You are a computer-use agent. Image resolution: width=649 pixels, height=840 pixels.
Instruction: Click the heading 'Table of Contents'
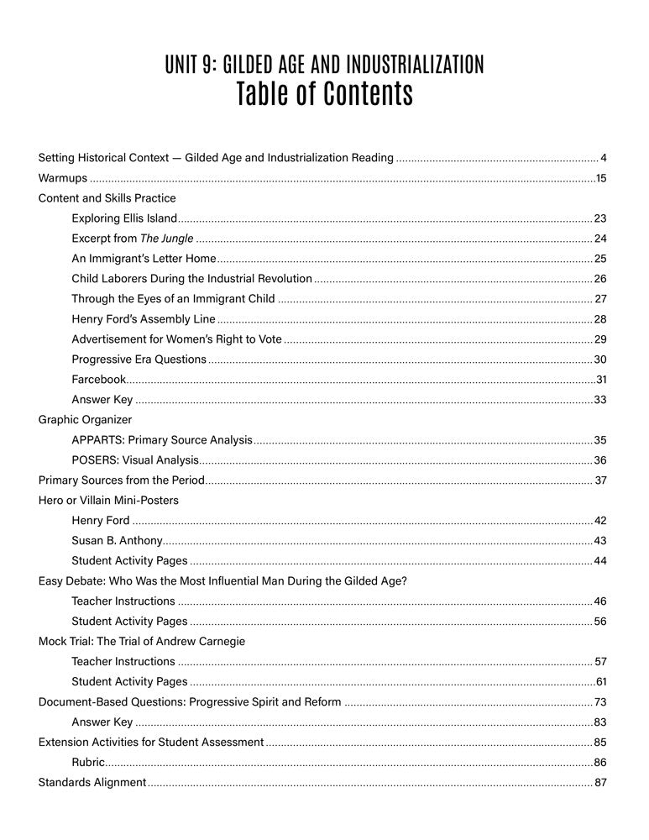[324, 94]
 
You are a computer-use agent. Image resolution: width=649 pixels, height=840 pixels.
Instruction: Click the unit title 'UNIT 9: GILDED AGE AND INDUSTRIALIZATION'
[324, 64]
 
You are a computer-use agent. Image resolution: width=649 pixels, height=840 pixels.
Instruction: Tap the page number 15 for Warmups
[600, 178]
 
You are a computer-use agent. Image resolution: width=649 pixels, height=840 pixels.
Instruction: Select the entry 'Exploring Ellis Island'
[124, 218]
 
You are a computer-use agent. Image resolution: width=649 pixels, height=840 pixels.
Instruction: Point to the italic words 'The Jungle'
[166, 239]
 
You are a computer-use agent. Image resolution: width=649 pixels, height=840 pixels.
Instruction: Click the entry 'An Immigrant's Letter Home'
[144, 259]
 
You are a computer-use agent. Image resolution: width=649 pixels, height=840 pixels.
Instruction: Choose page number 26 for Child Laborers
[599, 279]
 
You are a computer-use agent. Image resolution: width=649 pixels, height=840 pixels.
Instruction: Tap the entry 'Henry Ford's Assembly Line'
[144, 319]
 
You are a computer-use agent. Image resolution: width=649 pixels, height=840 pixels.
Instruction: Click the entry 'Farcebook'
[98, 380]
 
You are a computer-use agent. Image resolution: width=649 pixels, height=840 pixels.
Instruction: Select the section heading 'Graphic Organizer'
[85, 420]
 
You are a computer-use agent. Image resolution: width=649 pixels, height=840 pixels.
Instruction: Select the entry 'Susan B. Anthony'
[117, 541]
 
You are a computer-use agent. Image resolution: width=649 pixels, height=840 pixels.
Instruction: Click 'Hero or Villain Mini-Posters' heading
[108, 501]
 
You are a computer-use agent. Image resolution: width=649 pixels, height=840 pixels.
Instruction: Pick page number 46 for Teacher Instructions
[599, 601]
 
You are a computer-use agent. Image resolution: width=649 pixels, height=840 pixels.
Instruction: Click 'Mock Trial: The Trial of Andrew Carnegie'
[142, 642]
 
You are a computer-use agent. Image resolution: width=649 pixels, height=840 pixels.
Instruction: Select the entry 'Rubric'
[88, 763]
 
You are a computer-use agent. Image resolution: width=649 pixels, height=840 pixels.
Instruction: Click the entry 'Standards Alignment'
[92, 783]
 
